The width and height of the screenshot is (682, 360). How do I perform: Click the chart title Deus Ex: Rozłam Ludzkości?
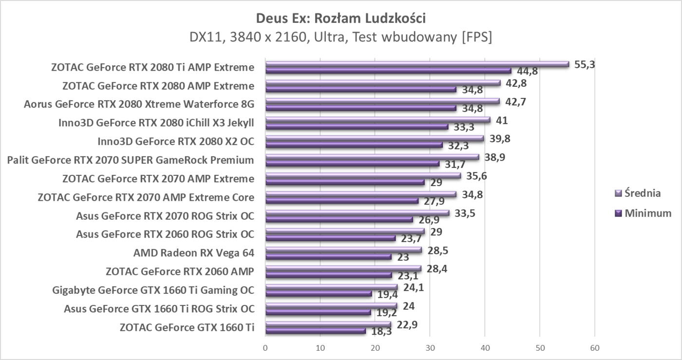(341, 19)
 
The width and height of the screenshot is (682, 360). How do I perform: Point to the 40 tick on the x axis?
(485, 348)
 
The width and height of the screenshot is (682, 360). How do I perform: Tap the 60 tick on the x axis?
(594, 348)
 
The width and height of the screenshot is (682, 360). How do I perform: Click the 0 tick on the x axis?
(265, 348)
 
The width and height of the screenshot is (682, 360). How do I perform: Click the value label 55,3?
(585, 64)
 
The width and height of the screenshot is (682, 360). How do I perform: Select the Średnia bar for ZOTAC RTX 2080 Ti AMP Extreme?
(417, 64)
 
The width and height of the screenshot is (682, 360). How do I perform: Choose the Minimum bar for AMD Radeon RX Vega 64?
(328, 257)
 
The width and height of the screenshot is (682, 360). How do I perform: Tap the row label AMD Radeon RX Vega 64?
(193, 253)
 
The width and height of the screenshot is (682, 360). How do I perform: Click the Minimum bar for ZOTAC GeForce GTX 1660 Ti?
(315, 331)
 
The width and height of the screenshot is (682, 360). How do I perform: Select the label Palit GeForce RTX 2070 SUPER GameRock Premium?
(131, 160)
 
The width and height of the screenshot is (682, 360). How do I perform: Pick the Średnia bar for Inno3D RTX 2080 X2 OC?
(374, 138)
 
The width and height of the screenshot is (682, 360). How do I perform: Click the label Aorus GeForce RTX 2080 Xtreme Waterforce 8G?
(139, 104)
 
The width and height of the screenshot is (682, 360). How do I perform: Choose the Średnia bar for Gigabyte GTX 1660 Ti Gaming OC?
(331, 287)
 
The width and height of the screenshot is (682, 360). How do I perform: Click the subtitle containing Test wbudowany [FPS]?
(341, 37)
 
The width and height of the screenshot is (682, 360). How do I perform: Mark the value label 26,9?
(427, 220)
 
